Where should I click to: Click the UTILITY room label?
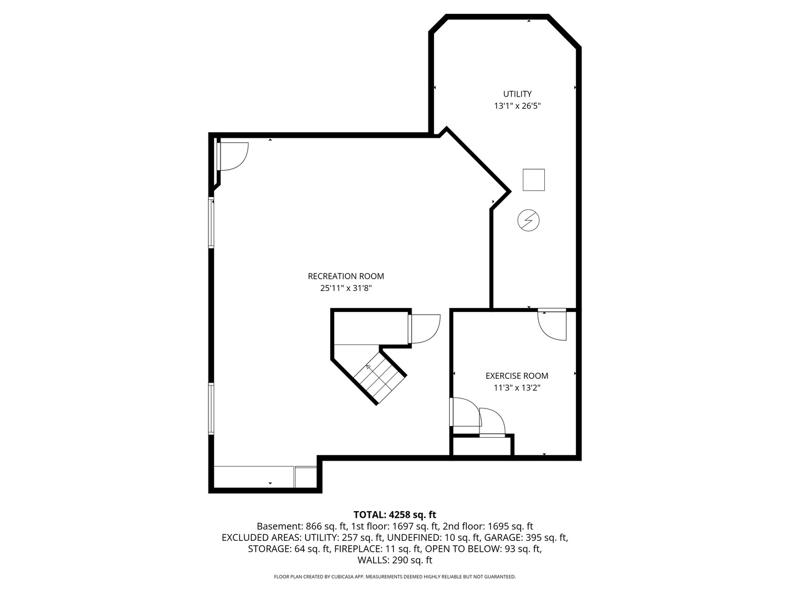[x=517, y=94]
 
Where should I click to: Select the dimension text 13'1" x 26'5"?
[x=517, y=106]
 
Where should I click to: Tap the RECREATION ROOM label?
[x=346, y=276]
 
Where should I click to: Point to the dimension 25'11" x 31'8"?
[x=346, y=288]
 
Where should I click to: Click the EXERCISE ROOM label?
[x=517, y=376]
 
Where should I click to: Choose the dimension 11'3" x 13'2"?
[x=517, y=388]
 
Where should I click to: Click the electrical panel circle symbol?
[x=528, y=221]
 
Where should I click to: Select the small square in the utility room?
[x=533, y=180]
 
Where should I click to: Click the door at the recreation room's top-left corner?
[x=232, y=156]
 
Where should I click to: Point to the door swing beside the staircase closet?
[x=425, y=328]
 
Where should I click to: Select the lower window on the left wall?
[x=211, y=409]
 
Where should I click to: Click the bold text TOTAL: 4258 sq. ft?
[x=394, y=514]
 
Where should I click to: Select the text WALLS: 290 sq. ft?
[x=394, y=560]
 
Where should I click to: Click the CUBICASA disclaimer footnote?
[x=394, y=577]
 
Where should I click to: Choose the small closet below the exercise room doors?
[x=482, y=446]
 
